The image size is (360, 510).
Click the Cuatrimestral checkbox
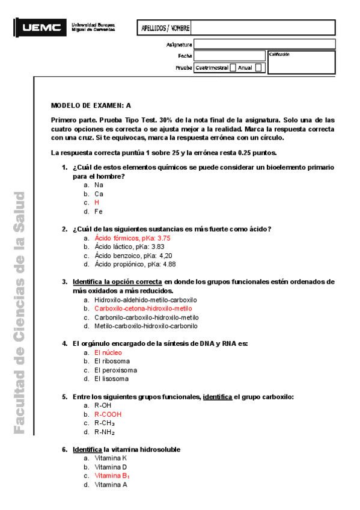tap(233, 68)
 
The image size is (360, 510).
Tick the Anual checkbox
tap(258, 68)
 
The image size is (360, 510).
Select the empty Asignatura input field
tap(229, 45)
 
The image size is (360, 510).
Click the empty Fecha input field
tap(229, 56)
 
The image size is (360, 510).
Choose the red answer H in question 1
tap(97, 203)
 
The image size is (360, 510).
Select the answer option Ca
tap(99, 194)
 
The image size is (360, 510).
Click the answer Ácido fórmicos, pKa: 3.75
tap(128, 238)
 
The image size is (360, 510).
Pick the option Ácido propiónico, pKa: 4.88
tap(135, 264)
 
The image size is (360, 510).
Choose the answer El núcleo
tap(108, 352)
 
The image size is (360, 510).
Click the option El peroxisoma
tap(115, 370)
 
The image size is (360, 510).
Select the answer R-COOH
tap(108, 414)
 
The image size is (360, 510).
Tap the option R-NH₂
tap(105, 432)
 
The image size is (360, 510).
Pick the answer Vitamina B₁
tap(112, 476)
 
